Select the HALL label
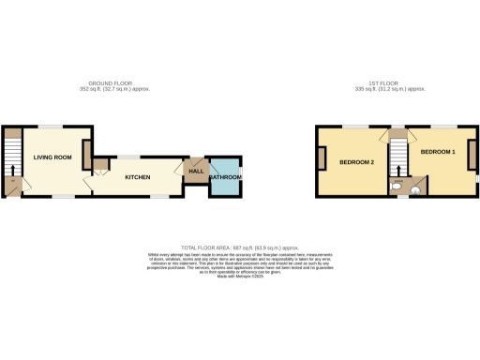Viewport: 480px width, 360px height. pos(196,172)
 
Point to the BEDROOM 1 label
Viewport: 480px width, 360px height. pos(437,152)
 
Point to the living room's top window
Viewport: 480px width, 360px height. pos(50,126)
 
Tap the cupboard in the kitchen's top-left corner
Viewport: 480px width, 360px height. pos(99,165)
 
